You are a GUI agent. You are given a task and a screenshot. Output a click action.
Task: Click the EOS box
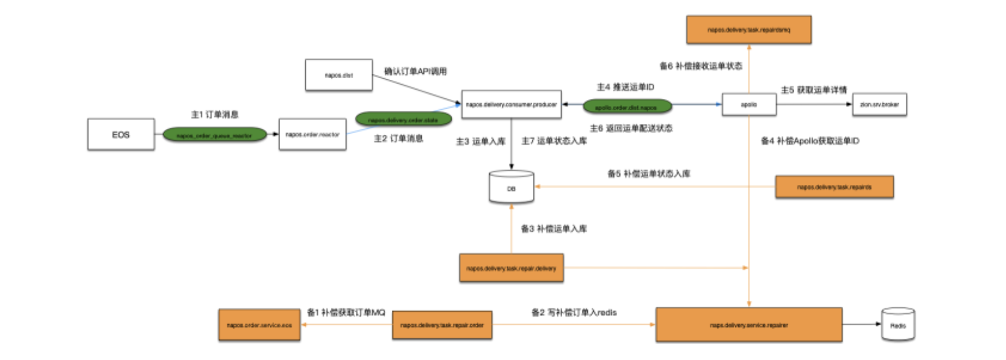coord(121,134)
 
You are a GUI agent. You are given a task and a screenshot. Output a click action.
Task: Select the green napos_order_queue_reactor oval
coord(214,135)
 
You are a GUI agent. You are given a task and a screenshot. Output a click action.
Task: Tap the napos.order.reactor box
coord(313,134)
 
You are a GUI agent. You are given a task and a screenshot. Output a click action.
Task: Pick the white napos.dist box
coord(339,75)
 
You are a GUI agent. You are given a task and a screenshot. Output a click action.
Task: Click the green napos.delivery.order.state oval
coord(403,120)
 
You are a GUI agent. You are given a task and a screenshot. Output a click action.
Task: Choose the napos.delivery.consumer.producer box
coord(511,104)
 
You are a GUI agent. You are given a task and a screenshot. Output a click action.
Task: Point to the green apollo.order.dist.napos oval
coord(626,107)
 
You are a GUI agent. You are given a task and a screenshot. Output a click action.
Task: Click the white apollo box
coord(749,104)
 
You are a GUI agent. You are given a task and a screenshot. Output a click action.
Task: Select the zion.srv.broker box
coord(879,104)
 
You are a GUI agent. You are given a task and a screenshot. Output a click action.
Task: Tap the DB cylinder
coord(512,188)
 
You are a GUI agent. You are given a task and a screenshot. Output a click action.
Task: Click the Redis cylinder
coord(898,325)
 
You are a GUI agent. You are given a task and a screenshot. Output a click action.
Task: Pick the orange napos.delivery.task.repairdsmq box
coord(748,30)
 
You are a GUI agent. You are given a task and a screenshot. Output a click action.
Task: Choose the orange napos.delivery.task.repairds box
coord(834,187)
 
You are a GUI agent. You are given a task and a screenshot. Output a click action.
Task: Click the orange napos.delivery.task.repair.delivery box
coord(511,268)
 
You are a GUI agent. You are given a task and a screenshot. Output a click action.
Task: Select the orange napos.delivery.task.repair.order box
coord(442,325)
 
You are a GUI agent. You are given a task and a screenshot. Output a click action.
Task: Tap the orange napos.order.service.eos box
coord(259,325)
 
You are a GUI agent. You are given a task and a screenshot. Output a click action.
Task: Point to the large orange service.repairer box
coord(748,325)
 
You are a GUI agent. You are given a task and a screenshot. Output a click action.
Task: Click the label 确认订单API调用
coord(415,71)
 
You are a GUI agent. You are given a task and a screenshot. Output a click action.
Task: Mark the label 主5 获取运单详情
coord(814,90)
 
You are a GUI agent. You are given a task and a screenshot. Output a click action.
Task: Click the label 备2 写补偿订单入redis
coord(574,312)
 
